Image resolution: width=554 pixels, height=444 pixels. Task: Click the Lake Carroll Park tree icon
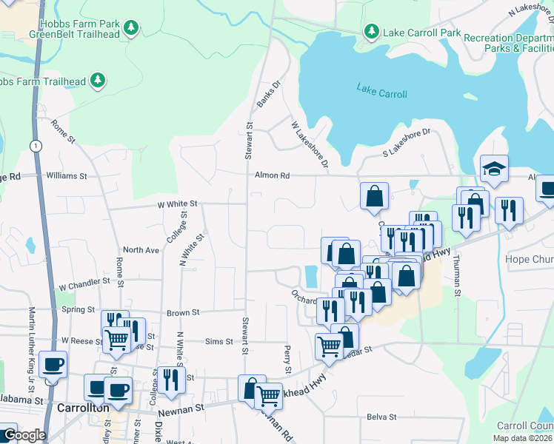(371, 32)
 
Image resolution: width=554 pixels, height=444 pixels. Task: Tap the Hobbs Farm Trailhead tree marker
(97, 80)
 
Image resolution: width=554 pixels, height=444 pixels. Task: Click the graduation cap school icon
(494, 169)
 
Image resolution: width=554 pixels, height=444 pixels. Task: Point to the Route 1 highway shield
(35, 146)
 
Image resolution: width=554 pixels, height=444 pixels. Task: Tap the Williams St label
(67, 176)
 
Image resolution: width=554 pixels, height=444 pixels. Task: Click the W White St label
(177, 203)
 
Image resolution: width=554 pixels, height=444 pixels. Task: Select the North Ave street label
(141, 250)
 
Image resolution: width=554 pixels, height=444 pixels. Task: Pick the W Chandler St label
(84, 283)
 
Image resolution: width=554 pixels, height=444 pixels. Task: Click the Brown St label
(179, 313)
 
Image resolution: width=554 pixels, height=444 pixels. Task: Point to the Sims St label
(218, 341)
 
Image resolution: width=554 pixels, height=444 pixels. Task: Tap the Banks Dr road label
(265, 93)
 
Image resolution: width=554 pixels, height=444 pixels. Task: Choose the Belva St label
(382, 417)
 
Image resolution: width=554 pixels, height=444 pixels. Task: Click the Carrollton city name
(83, 408)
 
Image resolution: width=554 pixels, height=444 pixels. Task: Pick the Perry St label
(287, 360)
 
